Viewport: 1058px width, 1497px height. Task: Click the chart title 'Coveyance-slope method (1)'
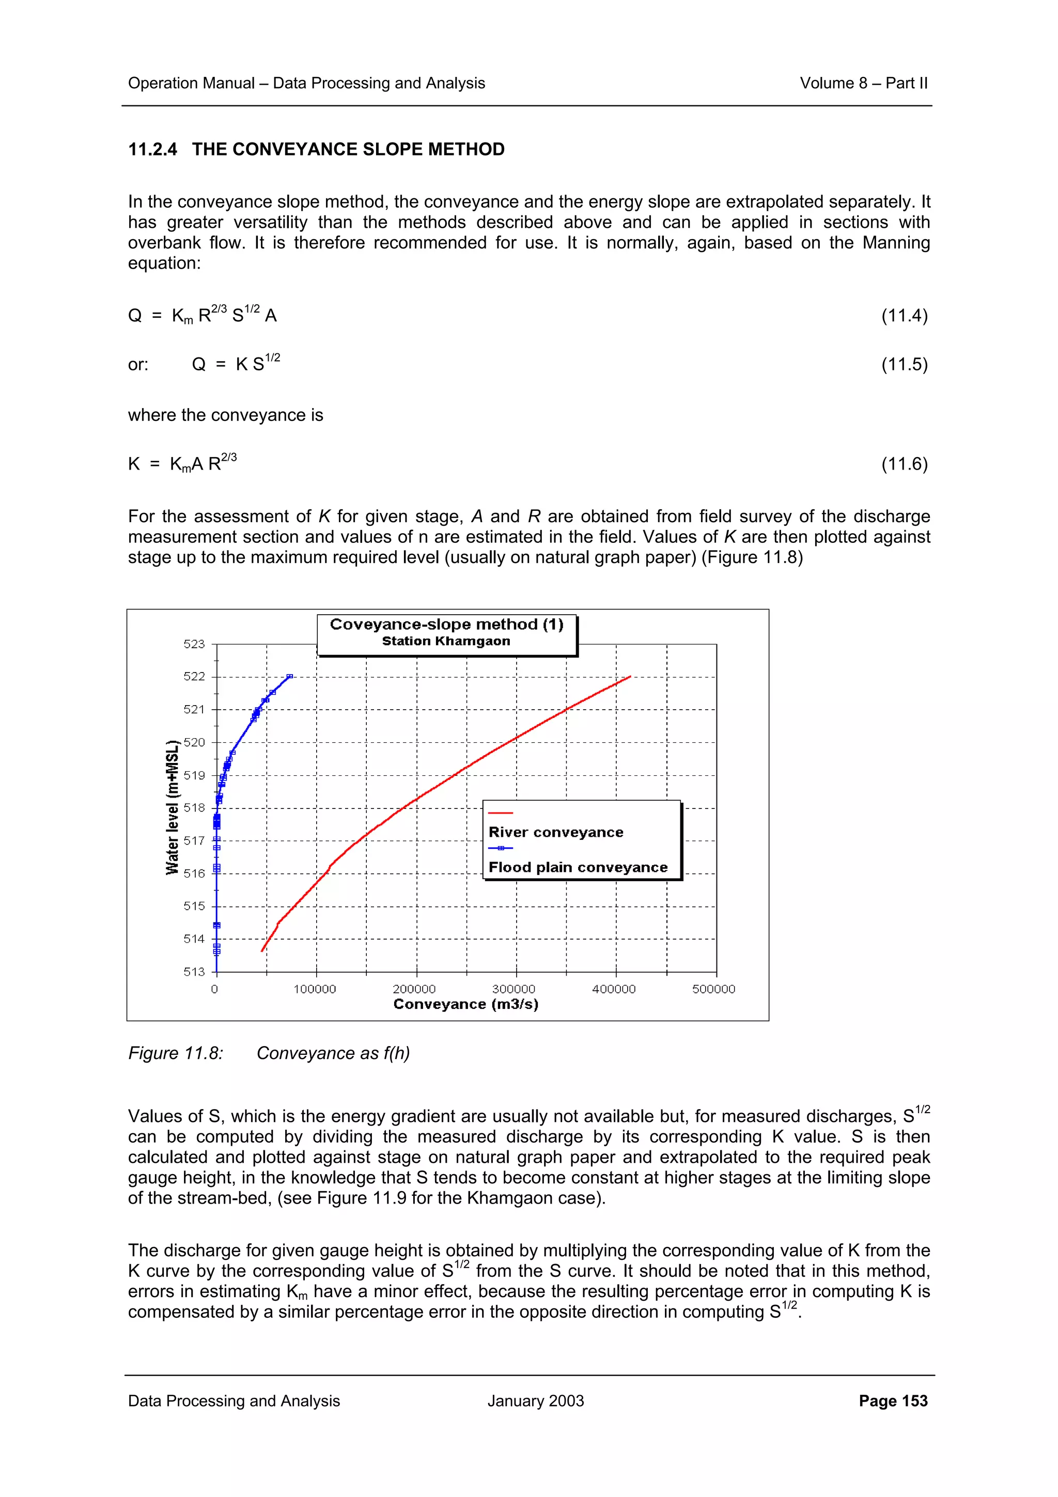pyautogui.click(x=446, y=624)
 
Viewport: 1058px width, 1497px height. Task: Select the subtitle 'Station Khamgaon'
pyautogui.click(x=446, y=641)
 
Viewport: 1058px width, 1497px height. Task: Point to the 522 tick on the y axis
pyautogui.click(x=194, y=676)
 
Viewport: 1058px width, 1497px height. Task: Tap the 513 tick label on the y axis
pyautogui.click(x=194, y=972)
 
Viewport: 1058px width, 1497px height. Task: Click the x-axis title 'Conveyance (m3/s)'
pyautogui.click(x=465, y=1004)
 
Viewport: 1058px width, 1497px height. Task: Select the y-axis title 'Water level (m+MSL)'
pyautogui.click(x=172, y=807)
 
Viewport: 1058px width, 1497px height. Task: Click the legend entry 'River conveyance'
pyautogui.click(x=555, y=833)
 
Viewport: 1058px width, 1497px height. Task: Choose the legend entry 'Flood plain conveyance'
pyautogui.click(x=578, y=867)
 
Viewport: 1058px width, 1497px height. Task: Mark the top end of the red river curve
pyautogui.click(x=630, y=677)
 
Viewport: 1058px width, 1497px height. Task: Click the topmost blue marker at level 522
pyautogui.click(x=290, y=677)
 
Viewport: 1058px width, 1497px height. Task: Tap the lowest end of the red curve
pyautogui.click(x=262, y=952)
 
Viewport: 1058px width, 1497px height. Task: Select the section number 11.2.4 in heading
pyautogui.click(x=152, y=149)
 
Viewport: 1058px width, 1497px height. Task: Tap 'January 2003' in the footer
pyautogui.click(x=535, y=1400)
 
